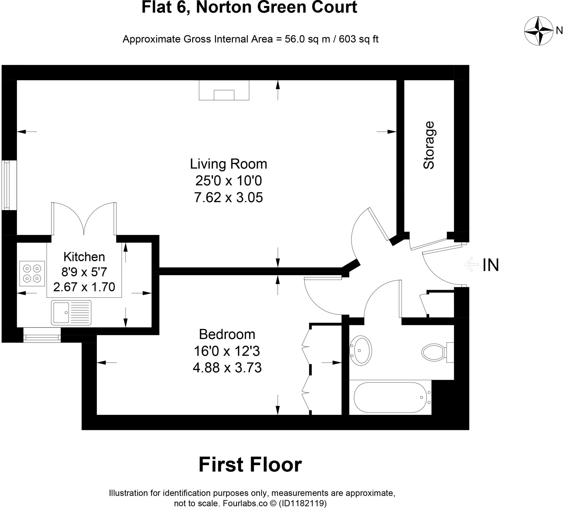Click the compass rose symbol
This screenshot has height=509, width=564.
538,31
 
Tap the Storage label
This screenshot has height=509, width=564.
429,145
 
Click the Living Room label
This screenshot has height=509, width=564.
229,164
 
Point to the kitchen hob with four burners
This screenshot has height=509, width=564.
32,274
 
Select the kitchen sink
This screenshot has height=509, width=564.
71,313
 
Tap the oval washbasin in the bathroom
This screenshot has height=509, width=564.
361,350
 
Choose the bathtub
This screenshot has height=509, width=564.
391,397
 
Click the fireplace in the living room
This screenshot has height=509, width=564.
224,90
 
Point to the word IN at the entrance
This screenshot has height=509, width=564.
491,265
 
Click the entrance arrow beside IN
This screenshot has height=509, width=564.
471,264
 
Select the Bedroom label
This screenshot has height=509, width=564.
227,334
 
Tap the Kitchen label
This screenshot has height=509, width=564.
84,257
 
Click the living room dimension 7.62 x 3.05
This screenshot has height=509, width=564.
229,197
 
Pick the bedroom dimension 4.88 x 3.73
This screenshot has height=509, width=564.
227,367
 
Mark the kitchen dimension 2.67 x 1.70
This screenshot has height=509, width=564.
84,287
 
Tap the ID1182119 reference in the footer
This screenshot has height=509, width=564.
303,503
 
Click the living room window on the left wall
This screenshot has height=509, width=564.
6,185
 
